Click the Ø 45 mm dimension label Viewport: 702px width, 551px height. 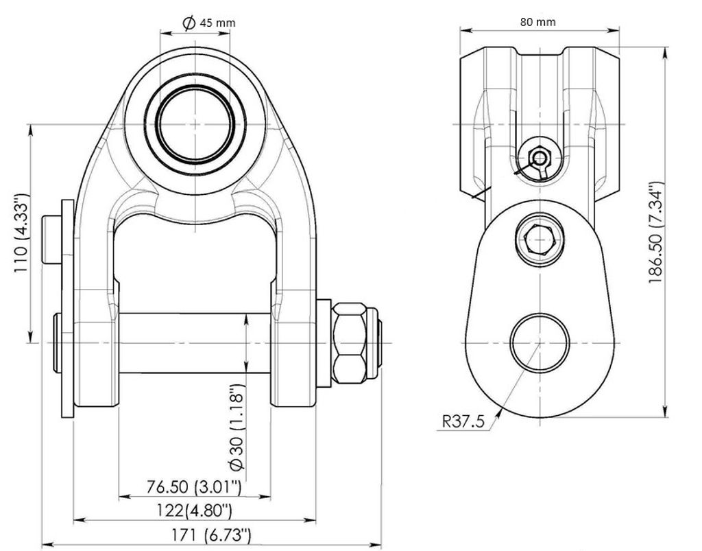click(209, 23)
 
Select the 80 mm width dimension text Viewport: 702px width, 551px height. click(537, 21)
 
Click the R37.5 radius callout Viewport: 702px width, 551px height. click(463, 421)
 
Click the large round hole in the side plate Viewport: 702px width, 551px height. click(540, 342)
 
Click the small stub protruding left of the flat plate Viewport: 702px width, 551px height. click(51, 239)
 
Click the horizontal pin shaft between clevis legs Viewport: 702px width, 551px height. click(195, 343)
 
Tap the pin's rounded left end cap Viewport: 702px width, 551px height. click(56, 343)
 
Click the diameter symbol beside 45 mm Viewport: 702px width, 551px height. click(189, 23)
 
